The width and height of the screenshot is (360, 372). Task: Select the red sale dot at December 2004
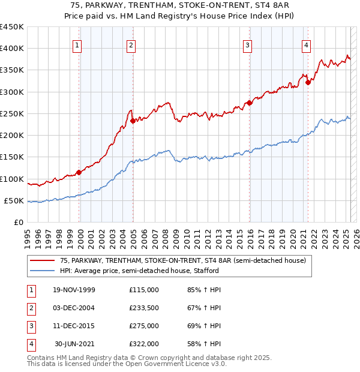tap(133, 121)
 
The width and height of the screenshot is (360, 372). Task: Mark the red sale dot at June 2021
tap(308, 82)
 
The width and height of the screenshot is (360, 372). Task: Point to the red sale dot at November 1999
tap(79, 172)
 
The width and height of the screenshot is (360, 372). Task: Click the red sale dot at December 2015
tap(250, 103)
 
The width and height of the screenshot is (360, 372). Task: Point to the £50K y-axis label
tap(13, 200)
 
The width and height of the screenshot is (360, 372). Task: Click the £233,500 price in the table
tap(143, 308)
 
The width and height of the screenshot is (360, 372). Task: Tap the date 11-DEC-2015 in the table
tap(74, 326)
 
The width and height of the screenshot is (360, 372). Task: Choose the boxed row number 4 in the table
tap(31, 344)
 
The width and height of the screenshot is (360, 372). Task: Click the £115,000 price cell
tap(143, 290)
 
